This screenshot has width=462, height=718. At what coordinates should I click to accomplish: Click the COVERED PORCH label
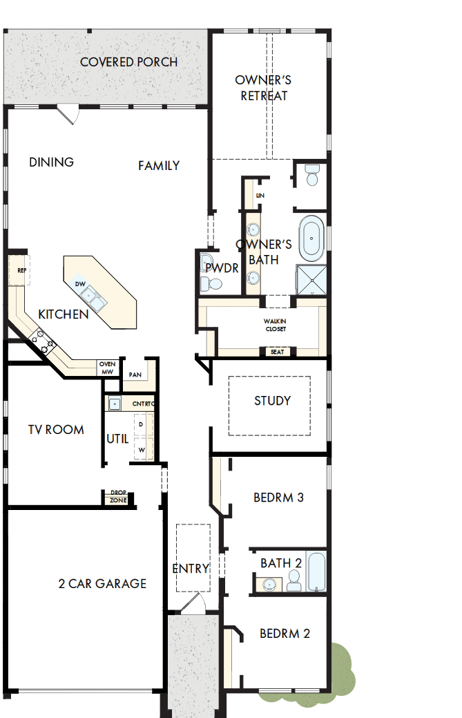(128, 62)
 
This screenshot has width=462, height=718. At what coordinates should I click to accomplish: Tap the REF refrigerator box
(20, 271)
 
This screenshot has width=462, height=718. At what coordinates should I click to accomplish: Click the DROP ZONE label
(118, 497)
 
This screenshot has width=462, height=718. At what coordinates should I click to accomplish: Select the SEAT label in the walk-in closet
(276, 352)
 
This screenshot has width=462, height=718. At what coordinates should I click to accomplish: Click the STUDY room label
(272, 401)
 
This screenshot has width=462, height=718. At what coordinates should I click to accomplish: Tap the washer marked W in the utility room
(142, 449)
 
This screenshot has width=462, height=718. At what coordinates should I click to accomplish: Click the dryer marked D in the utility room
(142, 424)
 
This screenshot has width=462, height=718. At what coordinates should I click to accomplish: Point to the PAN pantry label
(135, 375)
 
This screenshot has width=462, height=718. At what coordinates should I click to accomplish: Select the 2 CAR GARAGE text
(102, 583)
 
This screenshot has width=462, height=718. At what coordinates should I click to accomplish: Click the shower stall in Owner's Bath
(311, 279)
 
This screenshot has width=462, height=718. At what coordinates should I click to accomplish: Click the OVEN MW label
(107, 368)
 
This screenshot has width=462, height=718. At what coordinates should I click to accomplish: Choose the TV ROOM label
(56, 429)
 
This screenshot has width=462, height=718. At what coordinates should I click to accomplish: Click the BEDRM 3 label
(278, 497)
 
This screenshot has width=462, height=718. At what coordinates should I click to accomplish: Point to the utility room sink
(114, 404)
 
